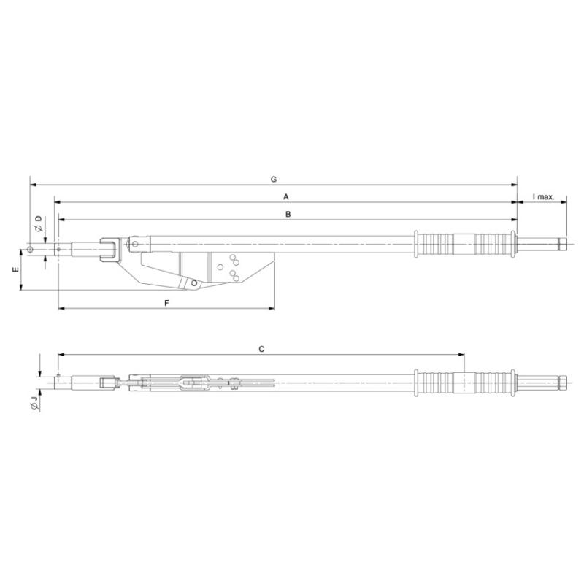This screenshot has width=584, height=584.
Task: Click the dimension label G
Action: point(273,178)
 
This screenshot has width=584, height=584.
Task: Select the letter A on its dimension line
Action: point(287,197)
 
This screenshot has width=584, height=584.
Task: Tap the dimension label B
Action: point(288,215)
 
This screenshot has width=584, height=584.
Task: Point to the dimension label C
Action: point(261,350)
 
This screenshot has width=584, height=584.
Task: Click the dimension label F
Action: point(166,303)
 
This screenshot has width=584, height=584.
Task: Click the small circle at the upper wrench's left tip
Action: point(30,248)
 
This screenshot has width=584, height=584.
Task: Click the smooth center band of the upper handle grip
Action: point(464,244)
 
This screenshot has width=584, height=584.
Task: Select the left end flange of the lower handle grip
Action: point(417,382)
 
